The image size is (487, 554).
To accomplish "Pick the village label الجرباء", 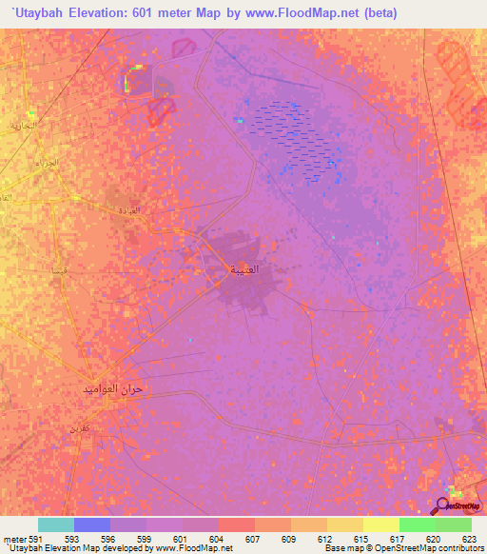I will point(45,164).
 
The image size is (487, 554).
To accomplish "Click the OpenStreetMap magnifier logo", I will point(443,505).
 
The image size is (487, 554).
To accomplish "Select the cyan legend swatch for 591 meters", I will point(56,524).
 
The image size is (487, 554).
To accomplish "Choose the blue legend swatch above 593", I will point(92,524).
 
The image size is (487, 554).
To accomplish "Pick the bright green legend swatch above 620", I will point(418,524).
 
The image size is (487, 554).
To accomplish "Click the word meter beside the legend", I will point(14,539).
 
